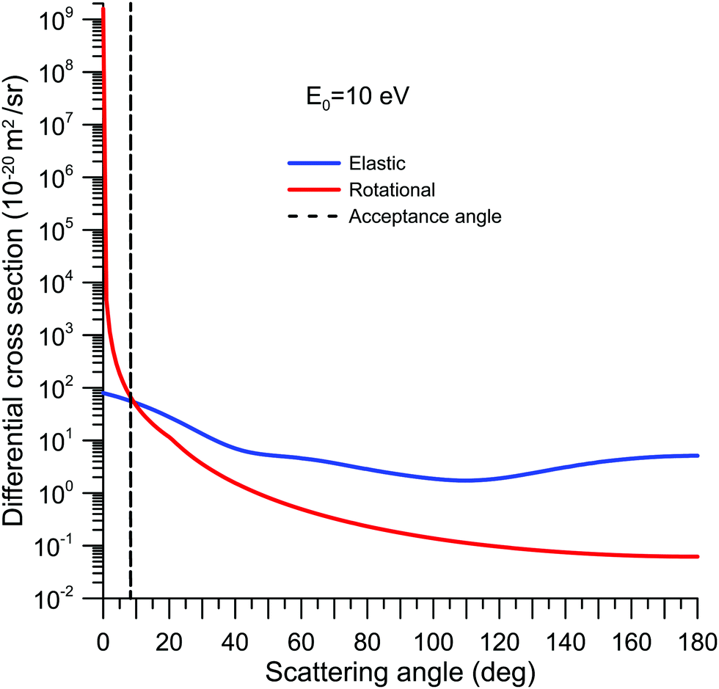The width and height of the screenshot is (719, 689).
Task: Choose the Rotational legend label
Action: coord(392,190)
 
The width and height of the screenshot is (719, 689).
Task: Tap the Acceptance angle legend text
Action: coord(425,216)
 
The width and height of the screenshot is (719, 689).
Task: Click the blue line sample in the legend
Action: coord(315,164)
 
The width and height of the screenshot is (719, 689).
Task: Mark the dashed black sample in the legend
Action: coord(315,216)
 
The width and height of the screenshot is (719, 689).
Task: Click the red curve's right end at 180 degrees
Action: coord(697,557)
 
